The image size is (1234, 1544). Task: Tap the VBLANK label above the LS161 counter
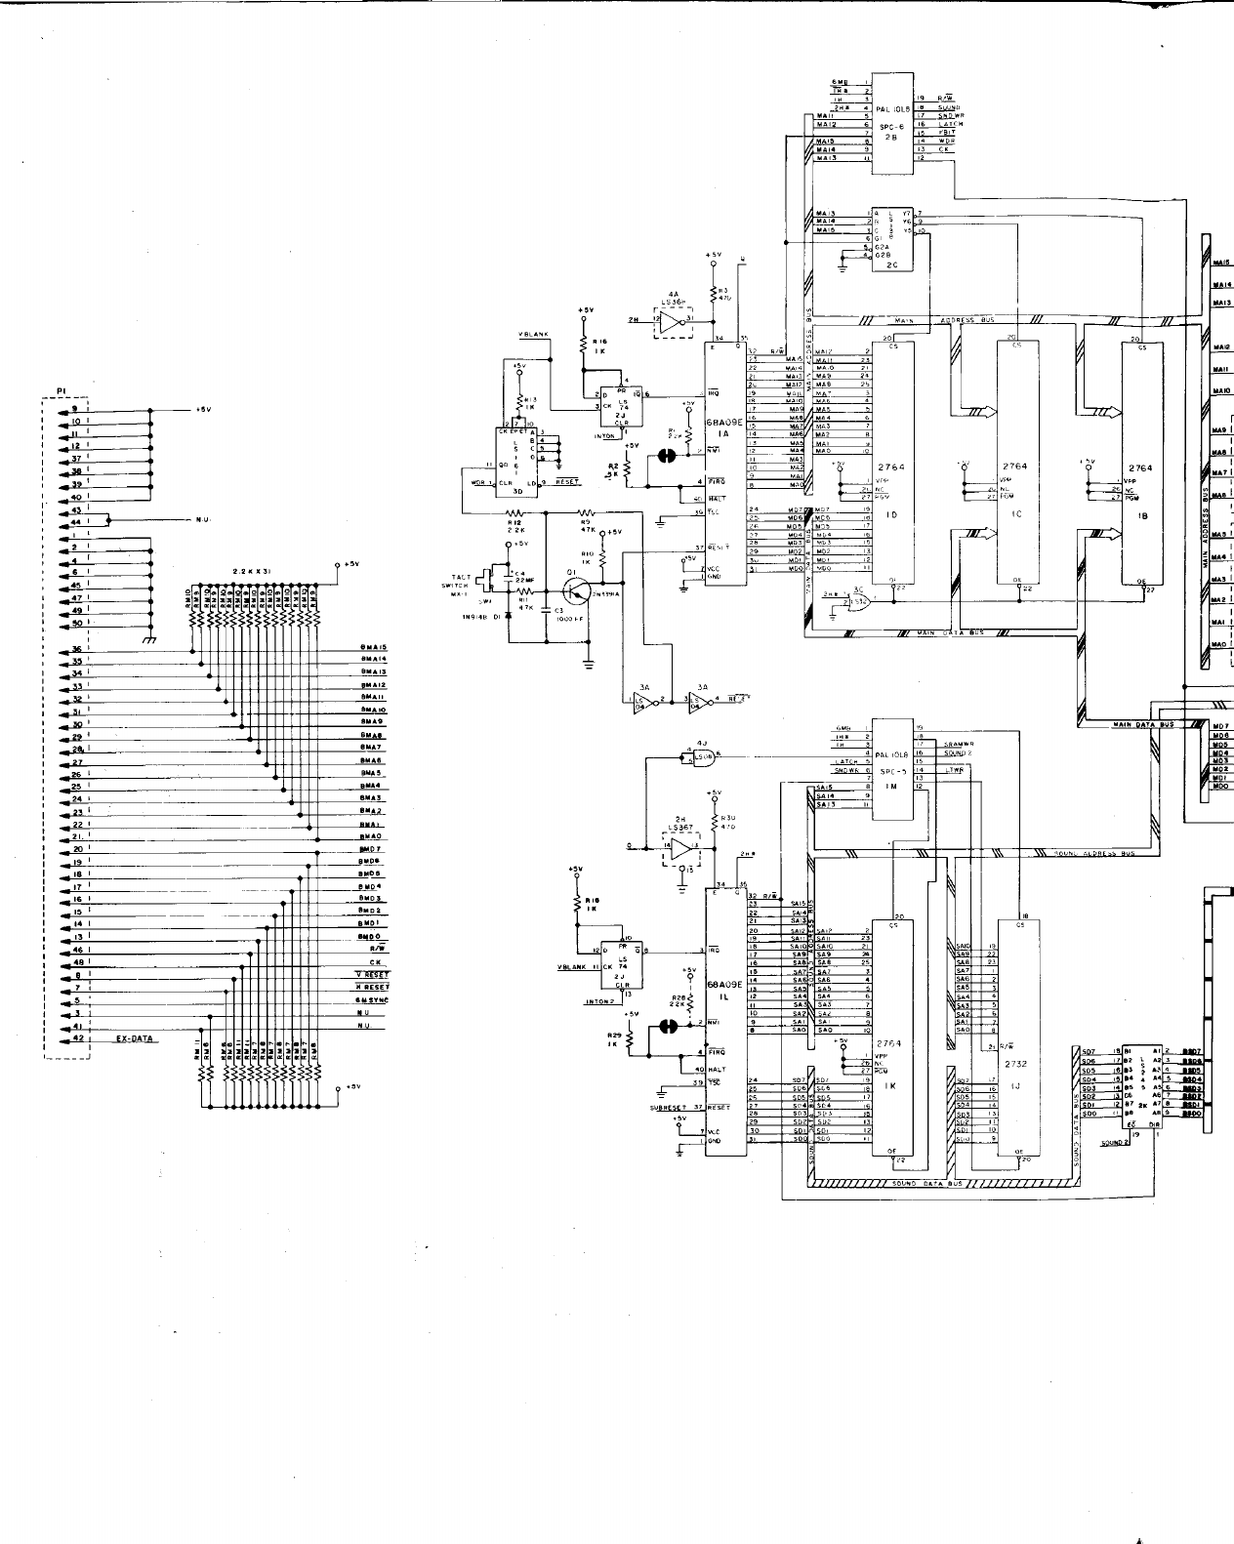[x=533, y=335]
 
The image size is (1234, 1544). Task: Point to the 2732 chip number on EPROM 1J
[x=1015, y=1063]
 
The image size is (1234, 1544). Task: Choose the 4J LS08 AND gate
[x=701, y=755]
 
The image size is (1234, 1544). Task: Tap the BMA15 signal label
[x=374, y=647]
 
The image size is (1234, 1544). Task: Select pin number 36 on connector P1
[x=75, y=650]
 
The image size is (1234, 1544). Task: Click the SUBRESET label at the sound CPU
[x=669, y=1108]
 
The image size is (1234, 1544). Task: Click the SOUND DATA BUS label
[x=927, y=1183]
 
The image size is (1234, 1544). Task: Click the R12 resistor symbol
[x=514, y=511]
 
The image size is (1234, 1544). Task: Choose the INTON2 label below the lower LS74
[x=598, y=1002]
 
